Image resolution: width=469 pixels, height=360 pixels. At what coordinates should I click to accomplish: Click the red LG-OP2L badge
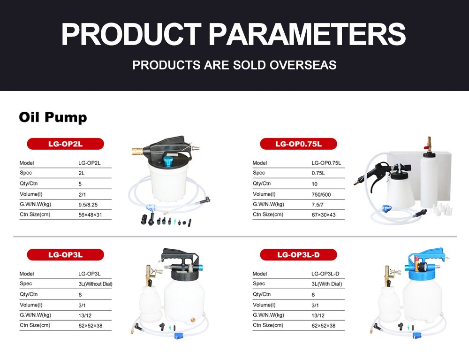[x=66, y=144]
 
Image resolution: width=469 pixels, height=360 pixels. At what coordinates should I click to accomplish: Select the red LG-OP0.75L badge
[x=298, y=144]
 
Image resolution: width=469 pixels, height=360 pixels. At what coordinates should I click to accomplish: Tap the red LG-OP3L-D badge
[x=298, y=255]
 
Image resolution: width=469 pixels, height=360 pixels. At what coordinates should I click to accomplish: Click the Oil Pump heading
[x=53, y=117]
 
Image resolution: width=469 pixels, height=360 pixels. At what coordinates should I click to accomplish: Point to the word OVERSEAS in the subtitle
[x=303, y=65]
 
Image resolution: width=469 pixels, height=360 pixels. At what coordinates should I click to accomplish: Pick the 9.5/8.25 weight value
[x=88, y=205]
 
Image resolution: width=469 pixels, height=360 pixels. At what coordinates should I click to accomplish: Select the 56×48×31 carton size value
[x=90, y=215]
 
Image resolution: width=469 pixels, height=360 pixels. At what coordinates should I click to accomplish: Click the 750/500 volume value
[x=321, y=194]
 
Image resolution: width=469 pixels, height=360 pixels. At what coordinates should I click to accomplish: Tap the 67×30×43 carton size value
[x=324, y=215]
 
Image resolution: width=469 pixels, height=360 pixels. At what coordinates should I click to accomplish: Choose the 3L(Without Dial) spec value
[x=95, y=284]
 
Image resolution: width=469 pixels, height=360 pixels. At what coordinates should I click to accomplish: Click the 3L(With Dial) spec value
[x=326, y=284]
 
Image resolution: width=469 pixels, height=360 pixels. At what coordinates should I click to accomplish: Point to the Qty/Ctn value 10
[x=314, y=184]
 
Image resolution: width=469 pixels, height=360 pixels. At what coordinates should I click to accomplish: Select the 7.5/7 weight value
[x=318, y=205]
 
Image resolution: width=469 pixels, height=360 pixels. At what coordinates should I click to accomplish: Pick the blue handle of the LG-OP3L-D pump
[x=427, y=254]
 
